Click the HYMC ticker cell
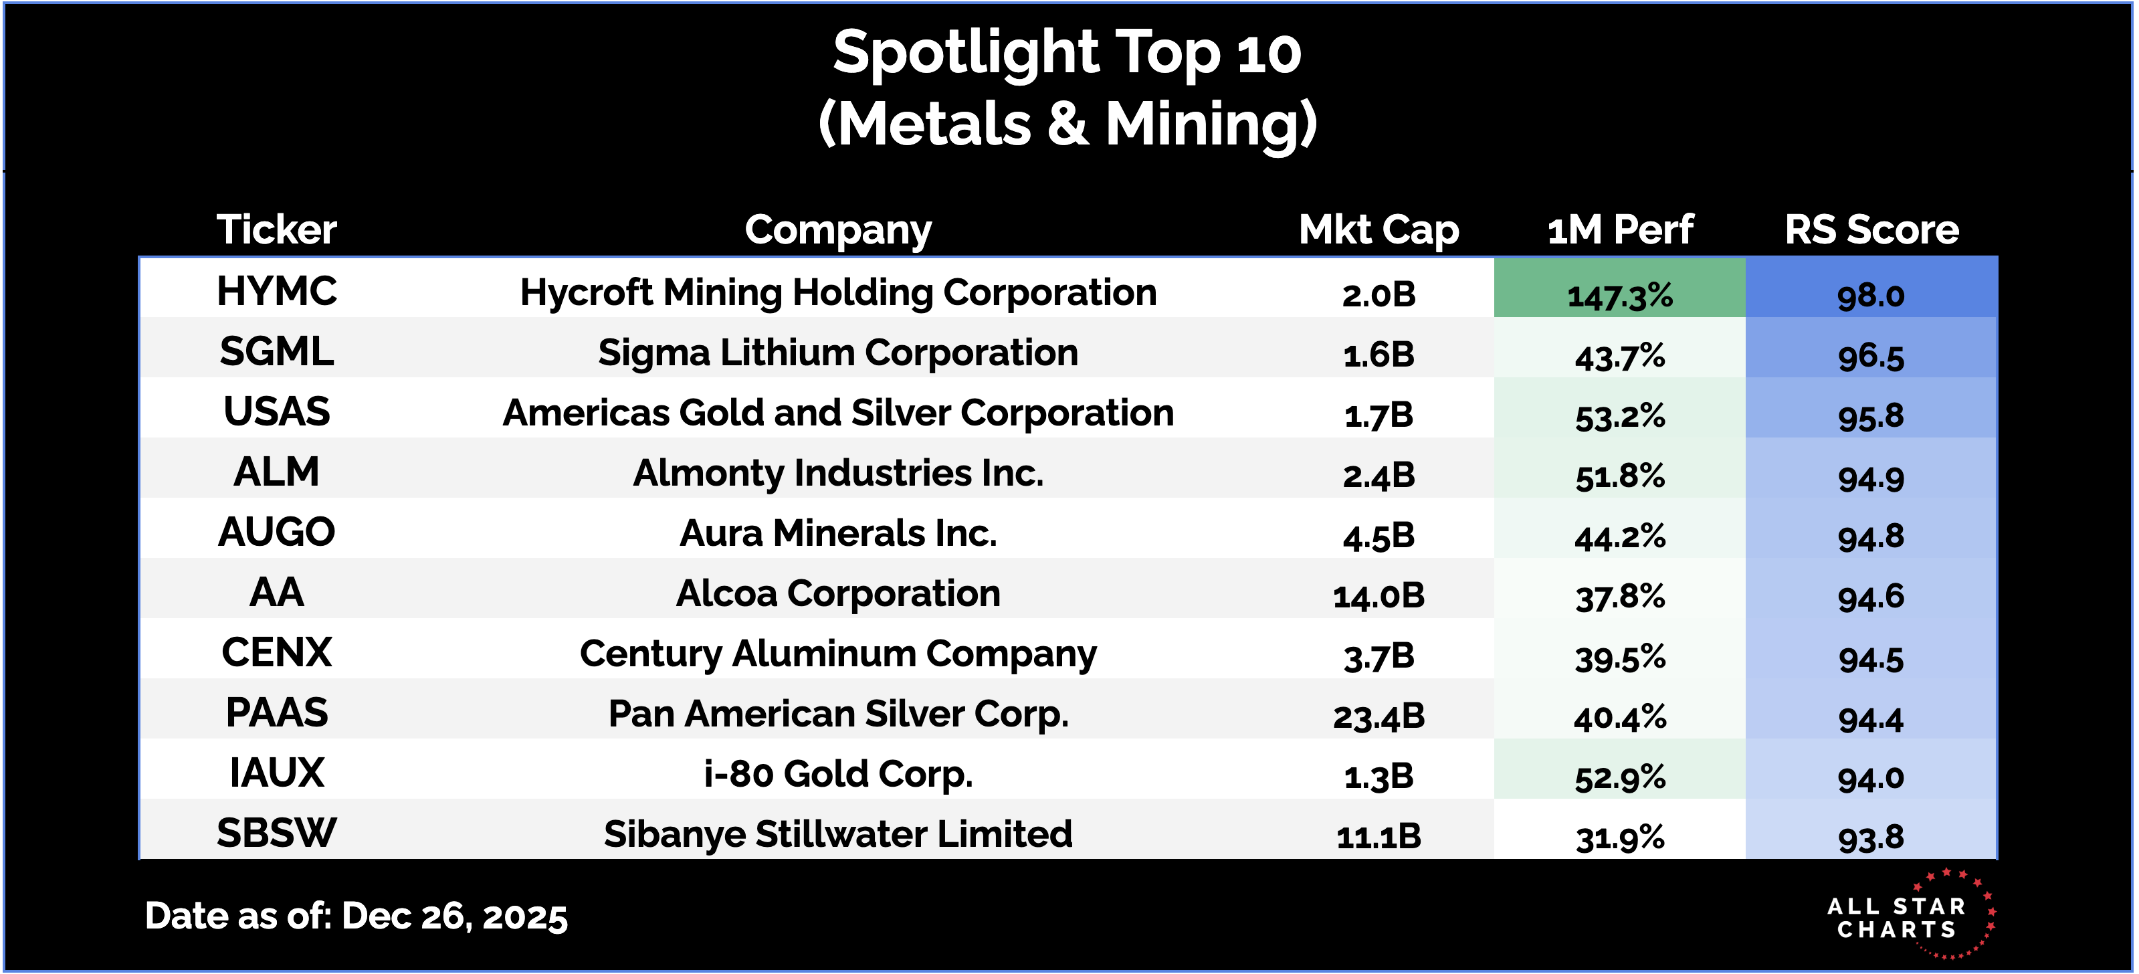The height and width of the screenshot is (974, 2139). point(276,292)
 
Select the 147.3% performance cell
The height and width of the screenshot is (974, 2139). point(1619,295)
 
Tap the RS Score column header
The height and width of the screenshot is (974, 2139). point(1871,229)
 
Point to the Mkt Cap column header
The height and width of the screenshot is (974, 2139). point(1379,229)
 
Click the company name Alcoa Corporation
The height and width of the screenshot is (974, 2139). point(838,594)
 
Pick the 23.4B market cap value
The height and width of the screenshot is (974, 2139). point(1379,716)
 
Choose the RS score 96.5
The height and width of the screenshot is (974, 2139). point(1871,357)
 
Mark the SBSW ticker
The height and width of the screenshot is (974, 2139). point(276,833)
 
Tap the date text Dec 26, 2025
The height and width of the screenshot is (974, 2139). point(453,916)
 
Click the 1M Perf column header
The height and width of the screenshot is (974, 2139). point(1619,229)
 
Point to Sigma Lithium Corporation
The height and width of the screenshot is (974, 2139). point(838,353)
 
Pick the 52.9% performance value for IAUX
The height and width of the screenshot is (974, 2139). point(1619,777)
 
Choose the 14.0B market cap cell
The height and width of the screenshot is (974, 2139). point(1379,595)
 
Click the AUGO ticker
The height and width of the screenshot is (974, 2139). point(276,532)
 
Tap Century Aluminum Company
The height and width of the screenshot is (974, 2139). point(838,654)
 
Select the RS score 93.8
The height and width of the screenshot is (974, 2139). point(1871,837)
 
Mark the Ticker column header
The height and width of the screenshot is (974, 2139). point(276,229)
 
